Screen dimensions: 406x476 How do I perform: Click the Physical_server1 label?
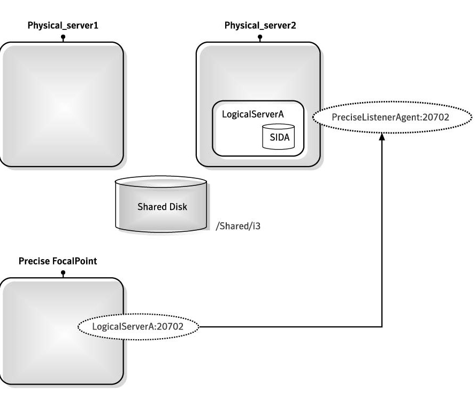click(x=63, y=26)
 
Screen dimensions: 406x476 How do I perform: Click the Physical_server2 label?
click(x=259, y=26)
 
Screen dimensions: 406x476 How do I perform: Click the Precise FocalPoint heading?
click(x=58, y=261)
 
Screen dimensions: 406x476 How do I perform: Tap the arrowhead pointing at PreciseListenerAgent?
click(x=382, y=137)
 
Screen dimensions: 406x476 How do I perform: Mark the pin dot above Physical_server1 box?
click(x=63, y=37)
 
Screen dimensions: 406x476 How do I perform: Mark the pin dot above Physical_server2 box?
click(x=259, y=37)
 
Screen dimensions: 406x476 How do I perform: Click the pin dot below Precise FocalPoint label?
click(x=63, y=272)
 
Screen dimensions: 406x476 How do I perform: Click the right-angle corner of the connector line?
click(x=382, y=326)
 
